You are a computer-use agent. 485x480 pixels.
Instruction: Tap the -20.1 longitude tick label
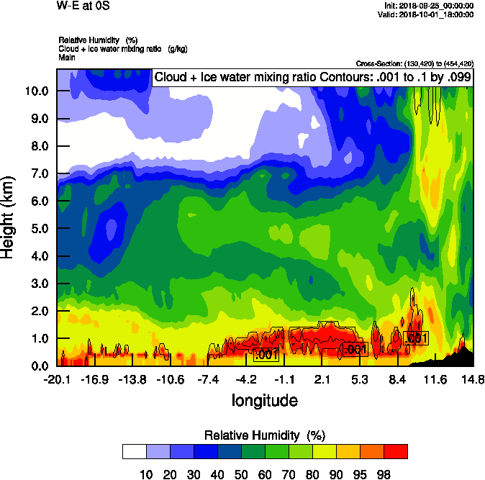point(57,379)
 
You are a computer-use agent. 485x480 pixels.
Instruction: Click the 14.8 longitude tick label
point(472,379)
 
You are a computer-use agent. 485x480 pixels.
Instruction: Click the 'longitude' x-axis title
point(264,399)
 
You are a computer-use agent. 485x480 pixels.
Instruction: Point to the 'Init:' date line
point(429,6)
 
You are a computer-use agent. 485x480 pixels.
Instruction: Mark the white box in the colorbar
point(134,451)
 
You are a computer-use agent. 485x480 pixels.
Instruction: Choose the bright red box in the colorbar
point(395,451)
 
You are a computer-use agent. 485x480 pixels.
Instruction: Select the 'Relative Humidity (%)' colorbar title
point(266,435)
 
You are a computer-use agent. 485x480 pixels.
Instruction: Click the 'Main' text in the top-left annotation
point(67,56)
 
